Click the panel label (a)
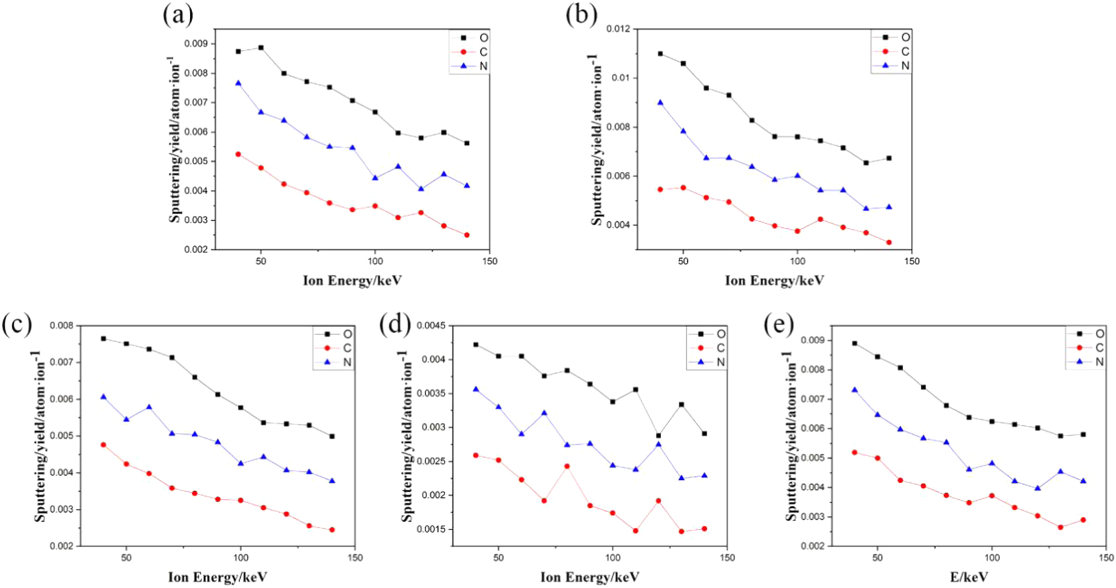[x=178, y=14]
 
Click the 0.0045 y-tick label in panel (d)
[x=430, y=325]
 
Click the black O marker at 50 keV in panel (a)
[x=261, y=47]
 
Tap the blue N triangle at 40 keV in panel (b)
[x=661, y=103]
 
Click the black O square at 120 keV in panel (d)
[x=659, y=436]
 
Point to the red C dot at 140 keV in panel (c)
[x=332, y=530]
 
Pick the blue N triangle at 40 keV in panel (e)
[x=855, y=390]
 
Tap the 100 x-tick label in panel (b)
[x=797, y=261]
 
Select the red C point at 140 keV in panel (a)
[x=467, y=235]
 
